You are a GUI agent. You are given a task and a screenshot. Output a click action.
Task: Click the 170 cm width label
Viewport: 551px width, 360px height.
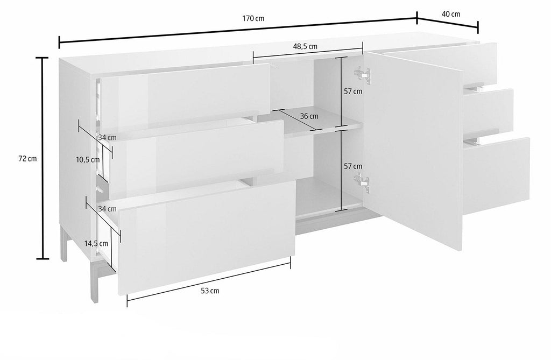click(253, 19)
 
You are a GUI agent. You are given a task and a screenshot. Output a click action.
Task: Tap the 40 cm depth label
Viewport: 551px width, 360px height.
click(451, 14)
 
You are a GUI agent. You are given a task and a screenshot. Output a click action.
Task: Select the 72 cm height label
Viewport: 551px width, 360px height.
click(27, 159)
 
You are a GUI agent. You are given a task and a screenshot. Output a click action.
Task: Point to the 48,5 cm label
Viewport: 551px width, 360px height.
click(305, 46)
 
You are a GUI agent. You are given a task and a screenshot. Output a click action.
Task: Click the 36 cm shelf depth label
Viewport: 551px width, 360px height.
click(309, 116)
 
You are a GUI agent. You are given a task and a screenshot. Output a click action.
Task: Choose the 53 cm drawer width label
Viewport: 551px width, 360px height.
click(210, 291)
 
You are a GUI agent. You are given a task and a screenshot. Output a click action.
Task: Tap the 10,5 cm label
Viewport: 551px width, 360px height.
click(88, 160)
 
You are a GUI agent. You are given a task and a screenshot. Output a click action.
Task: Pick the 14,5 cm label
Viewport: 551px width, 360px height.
click(96, 243)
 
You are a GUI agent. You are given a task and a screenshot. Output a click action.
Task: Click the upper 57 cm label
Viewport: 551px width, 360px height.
click(353, 91)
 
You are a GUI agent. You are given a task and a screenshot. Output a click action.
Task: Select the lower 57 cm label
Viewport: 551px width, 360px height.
click(353, 166)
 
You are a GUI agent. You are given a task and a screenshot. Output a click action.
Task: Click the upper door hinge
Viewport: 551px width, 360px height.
click(363, 75)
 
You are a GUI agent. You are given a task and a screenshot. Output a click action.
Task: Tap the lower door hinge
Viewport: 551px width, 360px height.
click(363, 183)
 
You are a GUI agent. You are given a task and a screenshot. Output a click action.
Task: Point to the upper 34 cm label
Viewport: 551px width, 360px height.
click(107, 137)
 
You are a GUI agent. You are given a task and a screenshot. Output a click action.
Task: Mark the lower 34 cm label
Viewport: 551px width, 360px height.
click(107, 209)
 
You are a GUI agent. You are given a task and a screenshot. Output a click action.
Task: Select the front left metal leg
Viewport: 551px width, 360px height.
click(94, 281)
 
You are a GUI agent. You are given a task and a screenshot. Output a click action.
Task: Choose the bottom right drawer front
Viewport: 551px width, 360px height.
click(496, 176)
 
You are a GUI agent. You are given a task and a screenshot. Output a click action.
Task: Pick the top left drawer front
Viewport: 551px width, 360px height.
click(184, 97)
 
